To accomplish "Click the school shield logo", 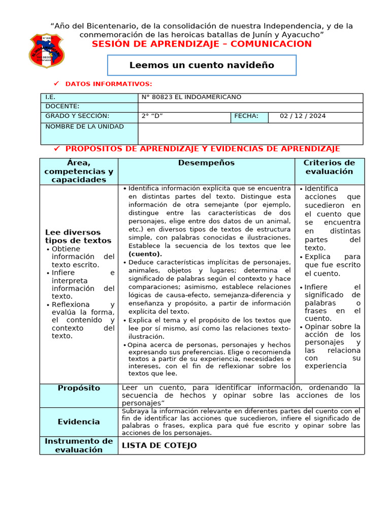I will click(x=47, y=51).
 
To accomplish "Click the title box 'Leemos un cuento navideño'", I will click(x=202, y=65).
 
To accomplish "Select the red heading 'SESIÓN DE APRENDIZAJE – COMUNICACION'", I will click(x=202, y=44).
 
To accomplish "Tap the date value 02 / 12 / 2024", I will click(x=303, y=116).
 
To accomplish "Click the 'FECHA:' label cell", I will click(x=246, y=116).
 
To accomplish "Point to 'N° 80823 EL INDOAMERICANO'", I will click(x=191, y=97).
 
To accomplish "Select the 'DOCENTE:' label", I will click(x=62, y=107).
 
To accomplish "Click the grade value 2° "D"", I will click(x=153, y=116).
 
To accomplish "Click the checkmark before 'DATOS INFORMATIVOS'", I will click(x=56, y=83).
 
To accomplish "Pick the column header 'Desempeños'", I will click(x=206, y=163).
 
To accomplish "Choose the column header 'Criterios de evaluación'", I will click(x=329, y=167).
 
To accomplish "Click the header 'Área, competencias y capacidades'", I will click(x=79, y=171).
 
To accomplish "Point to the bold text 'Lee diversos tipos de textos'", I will click(x=78, y=236).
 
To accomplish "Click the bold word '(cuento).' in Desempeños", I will click(x=145, y=254).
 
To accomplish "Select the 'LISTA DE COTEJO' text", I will click(x=159, y=445).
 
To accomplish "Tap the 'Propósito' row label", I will click(x=79, y=388).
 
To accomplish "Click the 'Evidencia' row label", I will click(x=79, y=421).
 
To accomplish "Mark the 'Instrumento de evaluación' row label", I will click(x=79, y=445).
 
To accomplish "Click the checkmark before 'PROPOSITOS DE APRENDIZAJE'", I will click(x=57, y=148).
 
